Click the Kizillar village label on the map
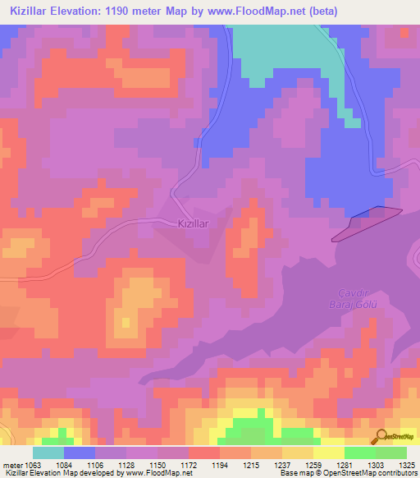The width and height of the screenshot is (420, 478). pyautogui.click(x=194, y=223)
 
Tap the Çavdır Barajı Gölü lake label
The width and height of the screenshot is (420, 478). pyautogui.click(x=357, y=300)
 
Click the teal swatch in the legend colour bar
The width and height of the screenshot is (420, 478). pyautogui.click(x=48, y=453)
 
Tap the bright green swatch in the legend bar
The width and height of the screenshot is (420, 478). pyautogui.click(x=359, y=453)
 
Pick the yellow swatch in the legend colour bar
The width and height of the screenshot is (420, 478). pyautogui.click(x=328, y=453)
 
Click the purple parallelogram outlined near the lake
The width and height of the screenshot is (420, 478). pyautogui.click(x=367, y=224)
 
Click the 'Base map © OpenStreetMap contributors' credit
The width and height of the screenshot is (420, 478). pyautogui.click(x=347, y=473)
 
